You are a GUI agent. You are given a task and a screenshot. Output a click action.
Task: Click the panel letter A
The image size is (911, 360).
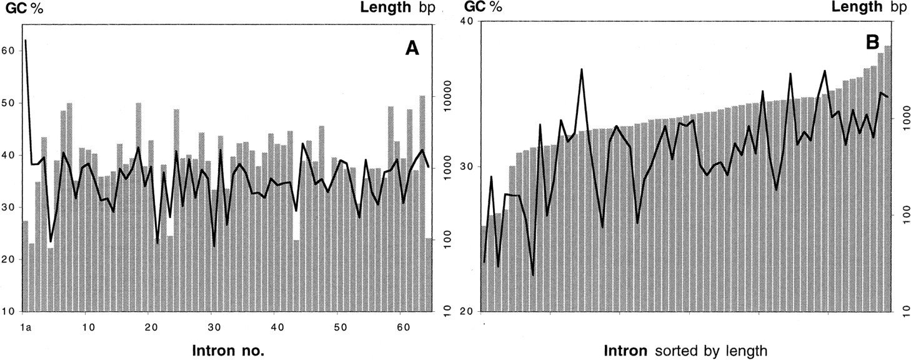tap(412, 48)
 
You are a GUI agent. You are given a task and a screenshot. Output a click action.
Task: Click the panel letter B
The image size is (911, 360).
tap(872, 42)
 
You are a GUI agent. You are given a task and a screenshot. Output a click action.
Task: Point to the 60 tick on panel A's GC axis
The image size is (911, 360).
tap(9, 51)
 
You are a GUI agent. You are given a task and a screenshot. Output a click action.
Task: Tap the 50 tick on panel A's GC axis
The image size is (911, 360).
tap(9, 103)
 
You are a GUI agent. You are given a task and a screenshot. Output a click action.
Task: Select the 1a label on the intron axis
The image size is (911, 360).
tap(26, 327)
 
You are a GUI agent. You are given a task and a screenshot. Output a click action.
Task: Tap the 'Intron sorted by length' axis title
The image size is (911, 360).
tap(685, 351)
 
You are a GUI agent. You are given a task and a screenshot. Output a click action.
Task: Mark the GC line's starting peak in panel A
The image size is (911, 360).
tap(26, 41)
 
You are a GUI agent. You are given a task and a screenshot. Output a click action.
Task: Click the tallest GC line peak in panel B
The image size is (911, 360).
tap(582, 69)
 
